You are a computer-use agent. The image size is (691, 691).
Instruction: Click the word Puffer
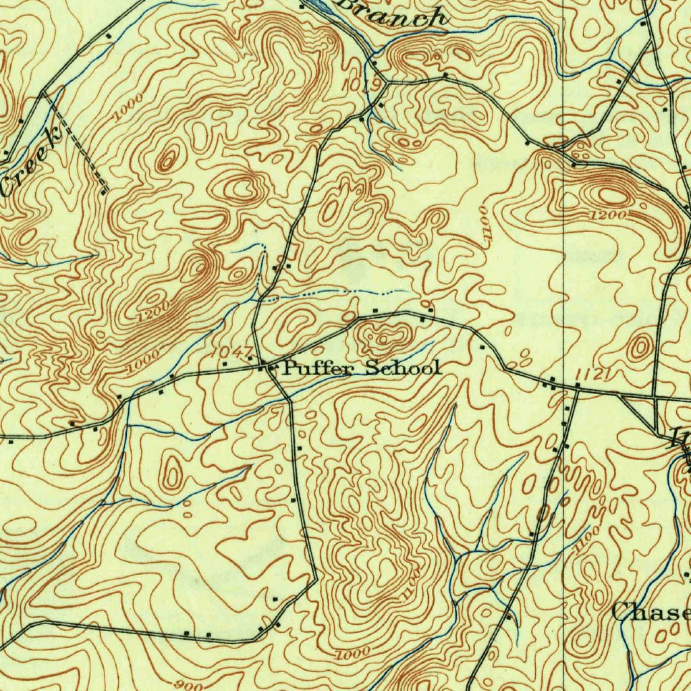tap(321, 368)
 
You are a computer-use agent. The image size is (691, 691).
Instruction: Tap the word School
tap(403, 368)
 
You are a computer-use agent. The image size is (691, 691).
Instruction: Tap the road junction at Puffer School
tap(270, 368)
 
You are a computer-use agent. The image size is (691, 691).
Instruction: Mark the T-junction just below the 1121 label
tap(578, 387)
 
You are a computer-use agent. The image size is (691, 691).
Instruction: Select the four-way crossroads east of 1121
tap(657, 398)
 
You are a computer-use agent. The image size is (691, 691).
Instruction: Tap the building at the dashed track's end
tap(103, 192)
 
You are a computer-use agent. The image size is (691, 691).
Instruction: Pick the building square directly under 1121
tap(568, 408)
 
